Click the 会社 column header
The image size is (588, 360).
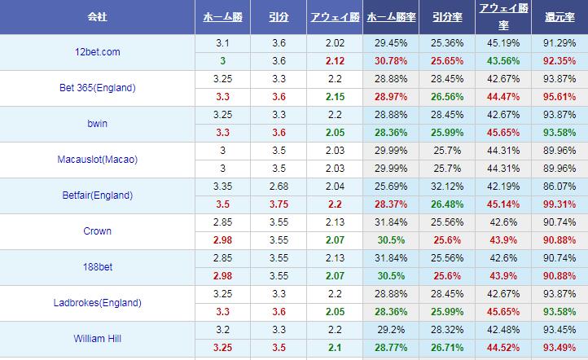97,17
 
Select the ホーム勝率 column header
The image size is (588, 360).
389,17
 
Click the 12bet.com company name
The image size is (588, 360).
97,52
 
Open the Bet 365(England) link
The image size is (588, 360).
97,88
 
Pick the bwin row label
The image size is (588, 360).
97,124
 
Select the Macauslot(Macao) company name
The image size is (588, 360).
97,160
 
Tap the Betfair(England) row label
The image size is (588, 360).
97,195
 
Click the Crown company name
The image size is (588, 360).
97,231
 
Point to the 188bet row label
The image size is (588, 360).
97,267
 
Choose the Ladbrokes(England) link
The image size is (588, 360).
97,303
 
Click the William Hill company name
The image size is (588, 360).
97,339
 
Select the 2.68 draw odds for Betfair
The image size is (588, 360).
277,187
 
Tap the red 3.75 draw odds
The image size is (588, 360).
277,204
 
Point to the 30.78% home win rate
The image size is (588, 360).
389,61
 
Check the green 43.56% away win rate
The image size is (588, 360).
502,61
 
